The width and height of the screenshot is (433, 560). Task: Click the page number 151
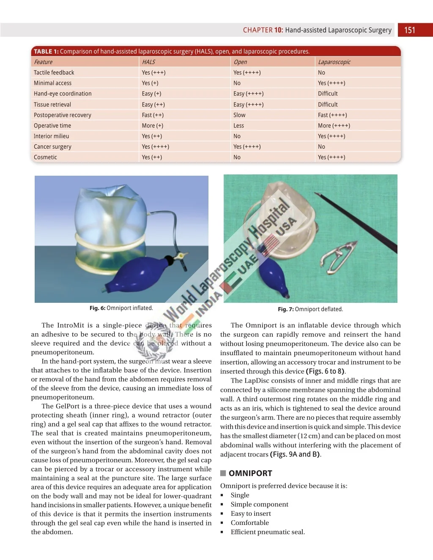click(x=409, y=30)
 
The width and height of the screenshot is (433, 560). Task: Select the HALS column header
click(x=148, y=62)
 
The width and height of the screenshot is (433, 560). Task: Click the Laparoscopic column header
click(x=334, y=62)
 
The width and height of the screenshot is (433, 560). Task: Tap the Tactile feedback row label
click(x=54, y=73)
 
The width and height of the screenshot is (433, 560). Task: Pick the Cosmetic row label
click(x=45, y=157)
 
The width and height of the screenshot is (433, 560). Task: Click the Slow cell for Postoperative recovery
click(x=239, y=115)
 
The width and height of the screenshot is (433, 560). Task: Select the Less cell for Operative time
click(x=238, y=125)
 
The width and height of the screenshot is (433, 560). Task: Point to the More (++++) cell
click(x=334, y=125)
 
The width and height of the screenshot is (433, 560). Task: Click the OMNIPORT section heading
click(x=250, y=473)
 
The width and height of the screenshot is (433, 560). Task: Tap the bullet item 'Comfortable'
click(x=249, y=523)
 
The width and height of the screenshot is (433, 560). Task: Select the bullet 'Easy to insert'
click(x=251, y=514)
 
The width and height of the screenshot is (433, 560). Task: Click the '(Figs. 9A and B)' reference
click(x=295, y=454)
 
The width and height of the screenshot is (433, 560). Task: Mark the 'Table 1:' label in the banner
click(x=46, y=52)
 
